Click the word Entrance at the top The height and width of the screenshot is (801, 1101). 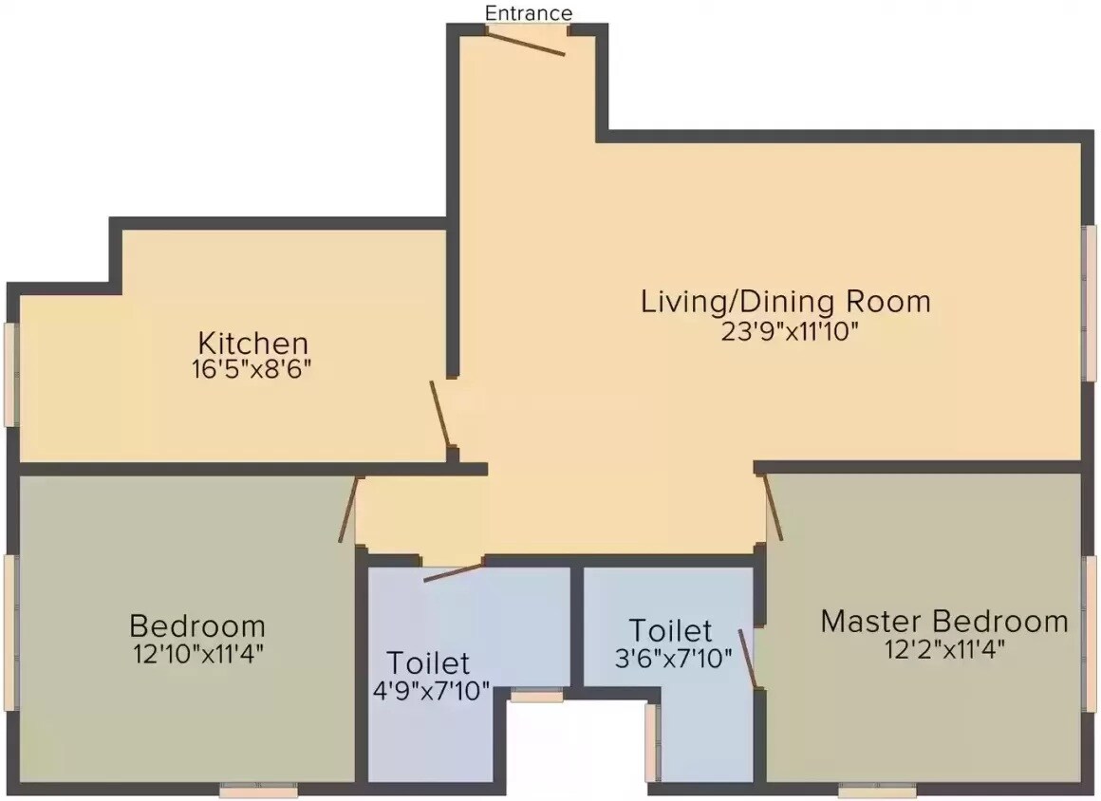pos(529,13)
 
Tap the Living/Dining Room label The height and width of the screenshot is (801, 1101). pos(786,303)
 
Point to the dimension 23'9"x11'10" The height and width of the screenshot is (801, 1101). pos(790,332)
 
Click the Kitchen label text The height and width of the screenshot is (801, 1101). pos(252,342)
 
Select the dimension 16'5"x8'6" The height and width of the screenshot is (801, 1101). pos(252,369)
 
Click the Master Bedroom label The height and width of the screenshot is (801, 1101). pos(943,622)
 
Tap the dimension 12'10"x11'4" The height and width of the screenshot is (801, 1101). pos(197,653)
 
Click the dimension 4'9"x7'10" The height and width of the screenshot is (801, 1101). pos(432,690)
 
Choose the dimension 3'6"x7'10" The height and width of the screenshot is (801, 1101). pos(673,658)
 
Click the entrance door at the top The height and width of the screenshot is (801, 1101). pos(528,40)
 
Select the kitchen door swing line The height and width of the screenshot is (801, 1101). pos(440,414)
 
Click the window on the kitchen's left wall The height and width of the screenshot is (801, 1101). pos(11,374)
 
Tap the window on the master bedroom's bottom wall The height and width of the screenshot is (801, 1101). pos(877,789)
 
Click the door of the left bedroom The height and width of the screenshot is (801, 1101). pos(347,510)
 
